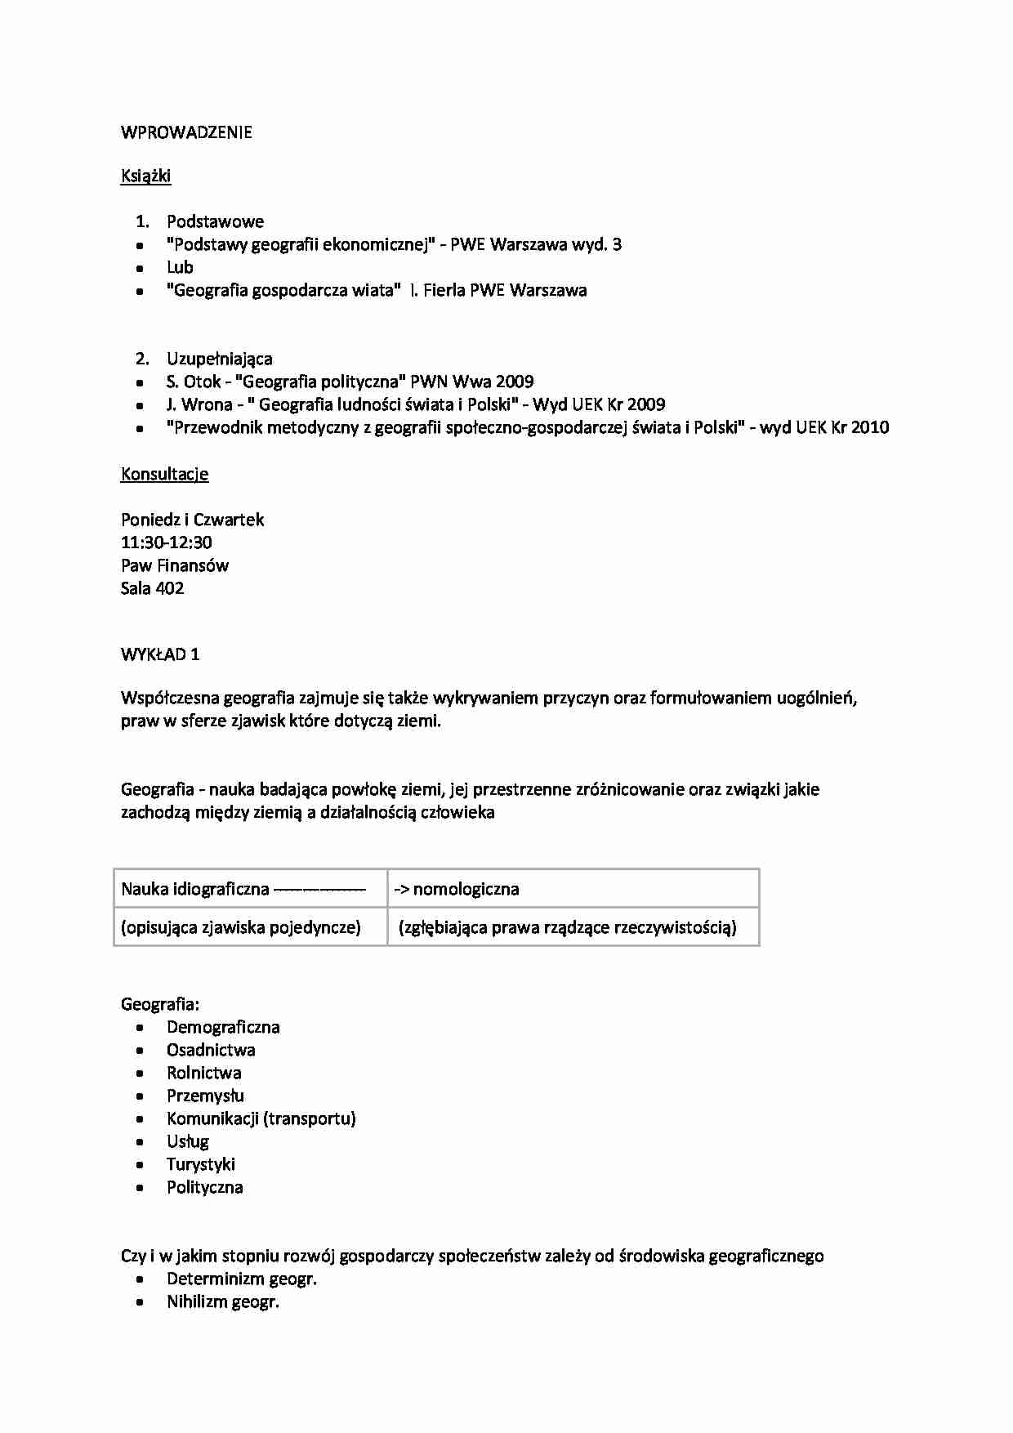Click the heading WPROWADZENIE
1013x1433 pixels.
pyautogui.click(x=186, y=132)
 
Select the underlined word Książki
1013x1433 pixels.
pyautogui.click(x=145, y=176)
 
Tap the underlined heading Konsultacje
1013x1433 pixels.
pyautogui.click(x=164, y=474)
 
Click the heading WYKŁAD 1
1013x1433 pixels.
pyautogui.click(x=160, y=654)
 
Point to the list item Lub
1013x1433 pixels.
pyautogui.click(x=180, y=267)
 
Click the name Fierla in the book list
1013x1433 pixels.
pyautogui.click(x=444, y=290)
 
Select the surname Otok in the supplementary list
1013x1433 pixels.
pyautogui.click(x=203, y=382)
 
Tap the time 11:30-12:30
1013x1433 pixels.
pyautogui.click(x=167, y=542)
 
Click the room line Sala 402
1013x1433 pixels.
pyautogui.click(x=152, y=588)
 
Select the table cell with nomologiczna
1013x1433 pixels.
pyautogui.click(x=572, y=889)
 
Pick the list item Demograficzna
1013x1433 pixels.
pyautogui.click(x=223, y=1027)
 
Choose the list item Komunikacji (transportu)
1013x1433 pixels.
pyautogui.click(x=261, y=1118)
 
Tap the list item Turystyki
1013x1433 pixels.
pyautogui.click(x=201, y=1164)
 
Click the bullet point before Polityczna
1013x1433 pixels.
pyautogui.click(x=141, y=1188)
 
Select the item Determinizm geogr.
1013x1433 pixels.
pyautogui.click(x=242, y=1279)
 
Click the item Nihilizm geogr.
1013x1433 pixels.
pyautogui.click(x=223, y=1301)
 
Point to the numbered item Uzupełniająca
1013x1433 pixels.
pyautogui.click(x=220, y=359)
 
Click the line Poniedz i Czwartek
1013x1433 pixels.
pyautogui.click(x=192, y=520)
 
